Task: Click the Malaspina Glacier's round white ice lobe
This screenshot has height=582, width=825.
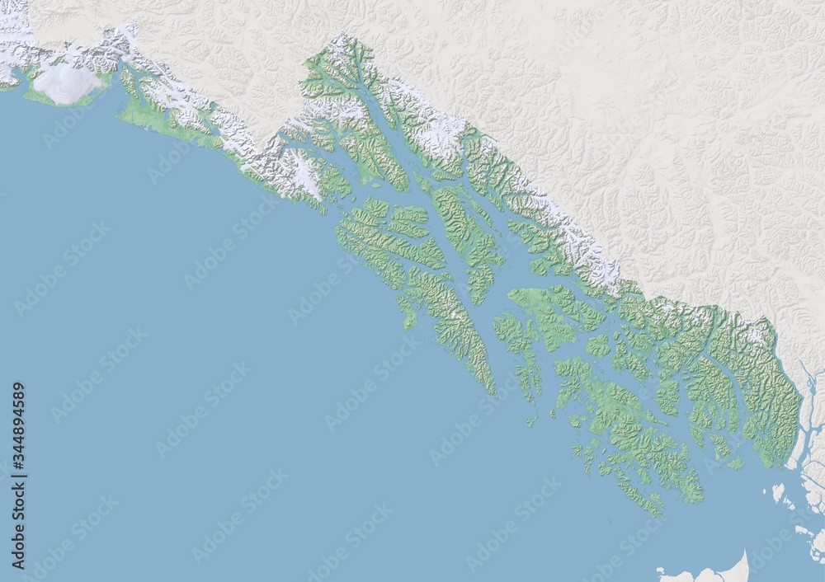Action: click(x=66, y=83)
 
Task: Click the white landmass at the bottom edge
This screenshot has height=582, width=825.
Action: click(x=709, y=571)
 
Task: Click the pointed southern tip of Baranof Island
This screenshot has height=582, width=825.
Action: click(x=493, y=391)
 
